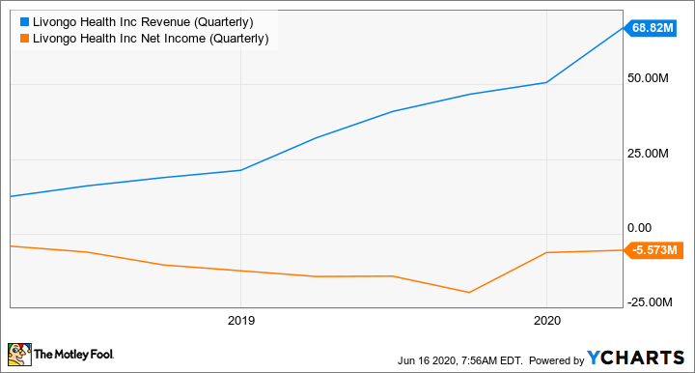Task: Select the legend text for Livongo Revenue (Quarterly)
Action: coord(143,19)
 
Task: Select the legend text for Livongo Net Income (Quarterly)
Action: coord(150,38)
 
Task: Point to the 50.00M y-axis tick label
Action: coord(649,78)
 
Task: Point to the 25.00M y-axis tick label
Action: coord(649,153)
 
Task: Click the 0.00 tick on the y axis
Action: coord(642,227)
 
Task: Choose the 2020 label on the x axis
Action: coord(546,320)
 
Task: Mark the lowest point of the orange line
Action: coord(469,293)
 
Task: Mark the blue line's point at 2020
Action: coord(546,82)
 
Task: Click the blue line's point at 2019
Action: coord(240,170)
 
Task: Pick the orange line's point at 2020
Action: coord(546,252)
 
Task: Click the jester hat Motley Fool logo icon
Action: coord(19,355)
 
